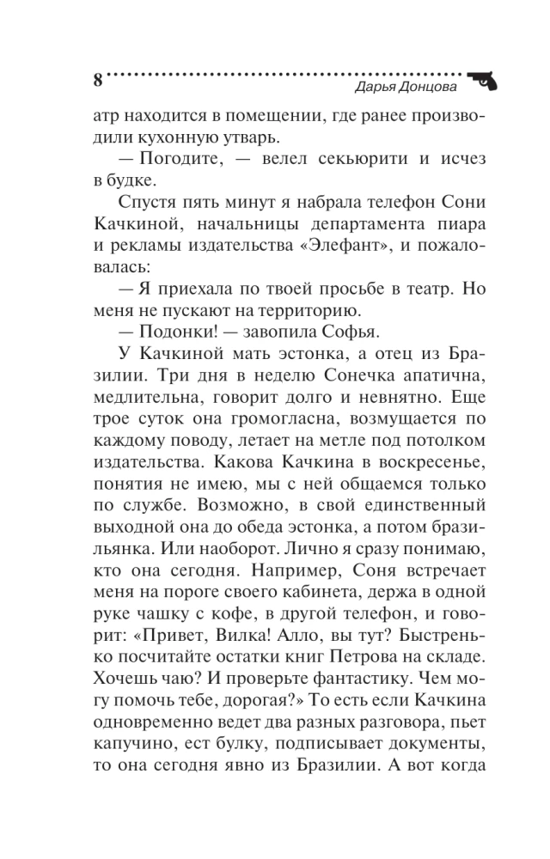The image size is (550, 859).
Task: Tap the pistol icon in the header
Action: pos(483,77)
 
